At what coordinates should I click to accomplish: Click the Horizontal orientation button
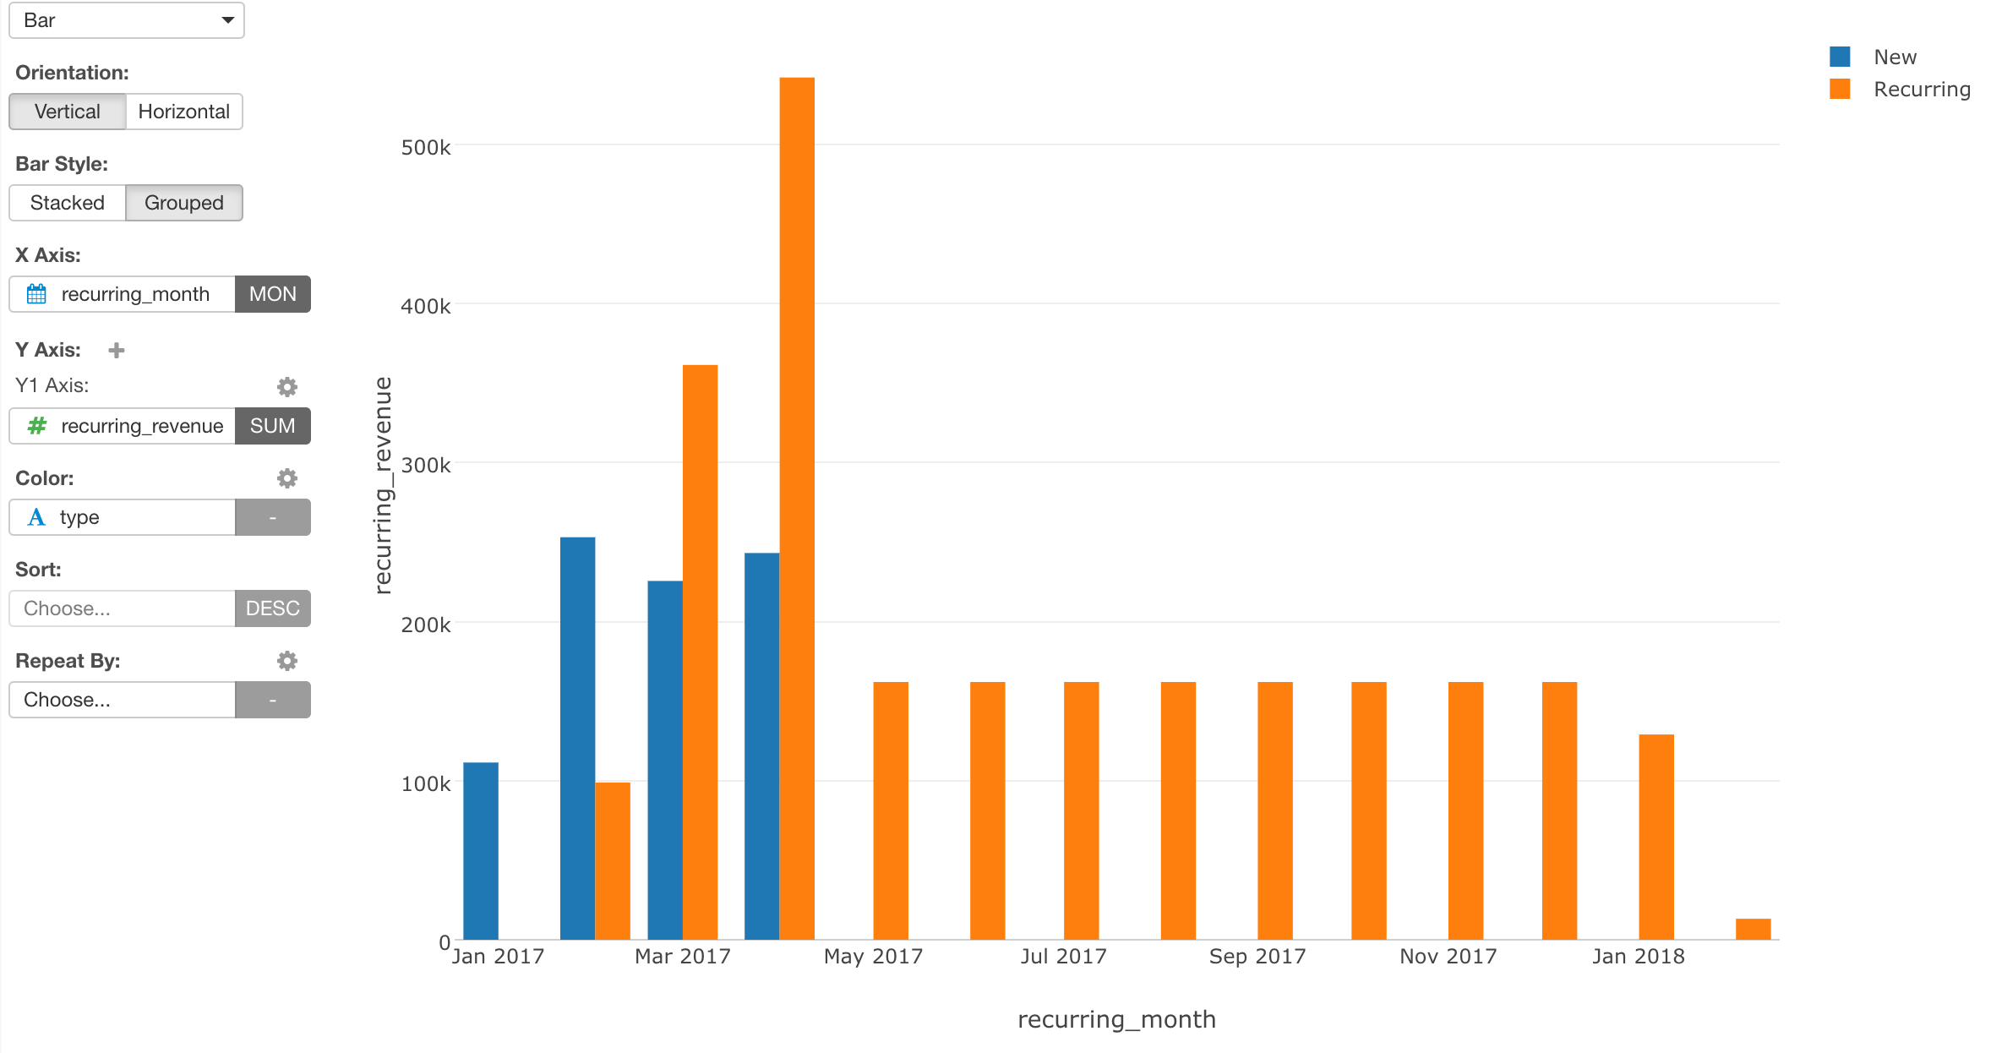183,112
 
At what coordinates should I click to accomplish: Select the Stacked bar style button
68,203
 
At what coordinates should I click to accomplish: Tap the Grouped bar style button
184,203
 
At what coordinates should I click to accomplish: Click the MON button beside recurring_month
272,294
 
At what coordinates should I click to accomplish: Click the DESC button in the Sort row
272,608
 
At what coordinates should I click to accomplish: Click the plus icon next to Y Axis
117,350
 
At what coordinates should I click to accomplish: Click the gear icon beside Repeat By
287,661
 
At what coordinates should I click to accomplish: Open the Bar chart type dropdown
127,20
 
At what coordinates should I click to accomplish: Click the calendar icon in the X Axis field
36,294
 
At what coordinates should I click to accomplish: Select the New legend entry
1894,57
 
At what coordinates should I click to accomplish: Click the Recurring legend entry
1921,89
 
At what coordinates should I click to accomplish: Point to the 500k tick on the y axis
426,147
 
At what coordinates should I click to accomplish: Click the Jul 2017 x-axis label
1063,956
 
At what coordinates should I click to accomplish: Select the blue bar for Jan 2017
481,850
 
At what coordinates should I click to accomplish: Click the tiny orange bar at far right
1753,929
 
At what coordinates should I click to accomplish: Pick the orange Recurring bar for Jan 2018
1656,837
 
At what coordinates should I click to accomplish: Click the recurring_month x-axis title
1116,1019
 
